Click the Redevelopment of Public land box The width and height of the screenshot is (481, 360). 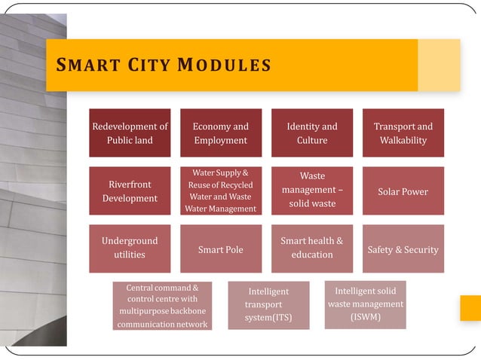click(x=130, y=133)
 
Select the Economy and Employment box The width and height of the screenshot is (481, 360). click(x=221, y=133)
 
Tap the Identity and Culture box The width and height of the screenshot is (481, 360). click(x=312, y=133)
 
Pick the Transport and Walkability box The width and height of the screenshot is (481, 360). click(x=403, y=133)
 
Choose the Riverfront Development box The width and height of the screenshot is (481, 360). click(x=130, y=191)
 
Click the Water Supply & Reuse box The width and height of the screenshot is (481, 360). click(x=221, y=191)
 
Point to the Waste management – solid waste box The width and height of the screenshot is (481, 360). click(x=312, y=191)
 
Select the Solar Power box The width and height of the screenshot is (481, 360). click(x=403, y=191)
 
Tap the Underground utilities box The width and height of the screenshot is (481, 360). click(x=130, y=249)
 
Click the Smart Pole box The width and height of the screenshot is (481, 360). click(x=221, y=249)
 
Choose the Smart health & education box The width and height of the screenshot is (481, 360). click(x=312, y=249)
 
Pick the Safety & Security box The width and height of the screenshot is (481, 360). click(x=403, y=249)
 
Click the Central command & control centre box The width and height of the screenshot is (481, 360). click(x=162, y=306)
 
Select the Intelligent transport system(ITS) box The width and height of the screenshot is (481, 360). click(x=268, y=306)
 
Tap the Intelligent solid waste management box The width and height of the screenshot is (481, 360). click(x=365, y=304)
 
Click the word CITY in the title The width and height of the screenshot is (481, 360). click(x=148, y=66)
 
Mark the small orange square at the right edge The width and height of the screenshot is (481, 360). click(x=470, y=308)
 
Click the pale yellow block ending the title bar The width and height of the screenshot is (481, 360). click(x=439, y=65)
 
